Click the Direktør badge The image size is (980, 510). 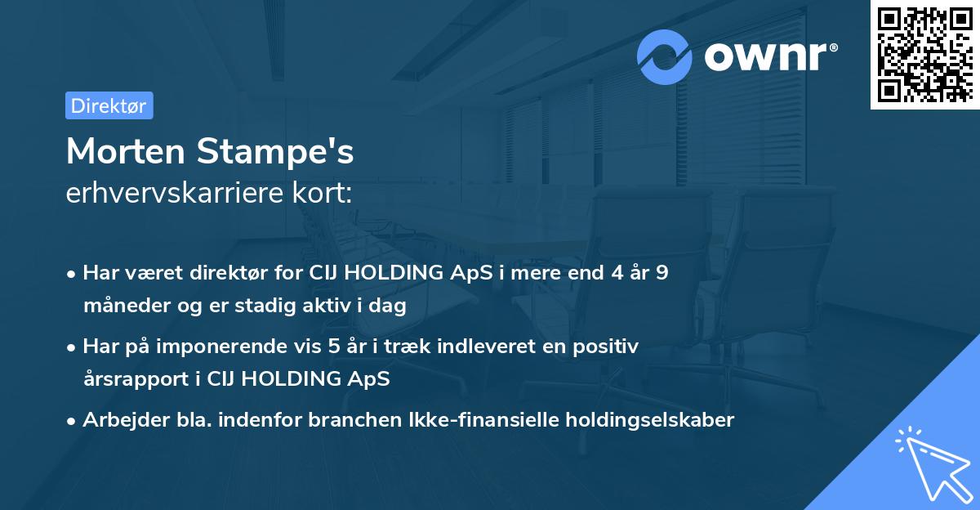tap(109, 105)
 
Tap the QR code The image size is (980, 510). tap(924, 54)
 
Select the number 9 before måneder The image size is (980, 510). tap(661, 273)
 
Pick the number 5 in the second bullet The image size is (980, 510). tap(334, 347)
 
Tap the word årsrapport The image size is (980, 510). tap(131, 379)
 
